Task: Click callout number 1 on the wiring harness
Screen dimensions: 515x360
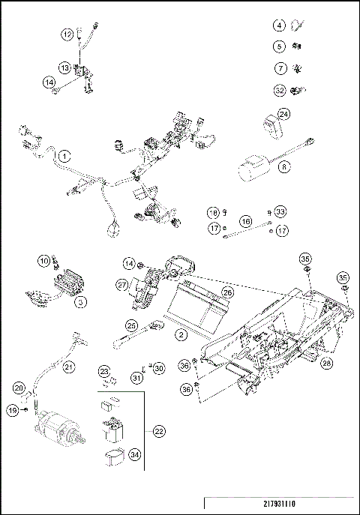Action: click(x=65, y=156)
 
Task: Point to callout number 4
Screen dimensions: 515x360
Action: click(x=280, y=25)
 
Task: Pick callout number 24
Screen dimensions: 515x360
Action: click(x=283, y=114)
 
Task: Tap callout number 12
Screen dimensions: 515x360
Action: click(x=67, y=34)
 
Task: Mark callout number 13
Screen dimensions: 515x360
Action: click(x=66, y=67)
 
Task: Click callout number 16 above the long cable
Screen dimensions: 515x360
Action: click(x=245, y=222)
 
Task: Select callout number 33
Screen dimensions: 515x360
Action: click(x=280, y=211)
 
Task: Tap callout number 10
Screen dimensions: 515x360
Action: click(x=43, y=260)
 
